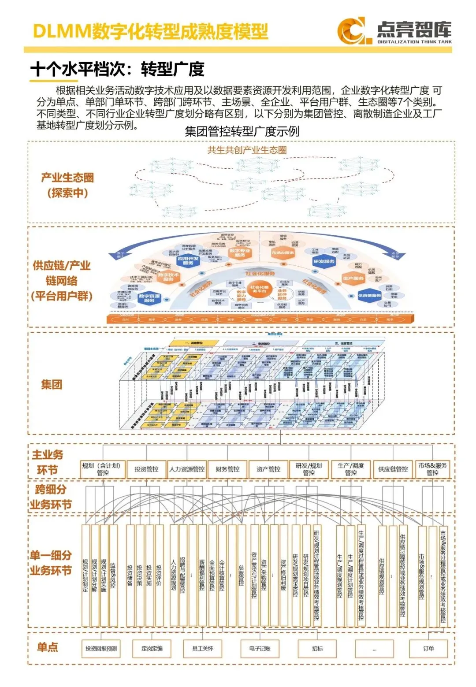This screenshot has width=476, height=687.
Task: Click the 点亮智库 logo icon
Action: (x=351, y=30)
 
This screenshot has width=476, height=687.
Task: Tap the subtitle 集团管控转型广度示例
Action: (x=242, y=131)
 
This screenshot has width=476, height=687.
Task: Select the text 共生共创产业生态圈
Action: (x=247, y=150)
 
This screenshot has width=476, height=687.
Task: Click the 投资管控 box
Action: (x=146, y=469)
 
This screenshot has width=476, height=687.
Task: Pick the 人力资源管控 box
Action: (x=187, y=469)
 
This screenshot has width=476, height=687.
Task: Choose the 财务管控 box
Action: (x=227, y=469)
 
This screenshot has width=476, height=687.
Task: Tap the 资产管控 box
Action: (x=268, y=469)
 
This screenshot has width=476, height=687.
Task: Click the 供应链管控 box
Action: (x=393, y=469)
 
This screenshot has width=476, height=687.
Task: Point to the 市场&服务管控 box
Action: (x=432, y=469)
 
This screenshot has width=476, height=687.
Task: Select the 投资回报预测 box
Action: (x=101, y=649)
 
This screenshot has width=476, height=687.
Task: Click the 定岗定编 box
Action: (x=152, y=649)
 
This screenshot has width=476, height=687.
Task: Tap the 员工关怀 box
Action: (x=203, y=649)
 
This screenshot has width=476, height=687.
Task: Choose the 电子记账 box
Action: (x=260, y=649)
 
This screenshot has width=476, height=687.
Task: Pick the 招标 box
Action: (x=317, y=649)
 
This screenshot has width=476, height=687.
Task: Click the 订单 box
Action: (x=428, y=649)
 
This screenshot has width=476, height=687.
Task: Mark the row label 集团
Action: (x=52, y=384)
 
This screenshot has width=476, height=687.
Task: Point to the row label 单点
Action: (x=48, y=647)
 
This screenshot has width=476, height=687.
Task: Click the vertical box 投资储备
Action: (x=130, y=575)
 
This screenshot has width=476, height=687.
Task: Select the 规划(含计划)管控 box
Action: (x=103, y=469)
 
